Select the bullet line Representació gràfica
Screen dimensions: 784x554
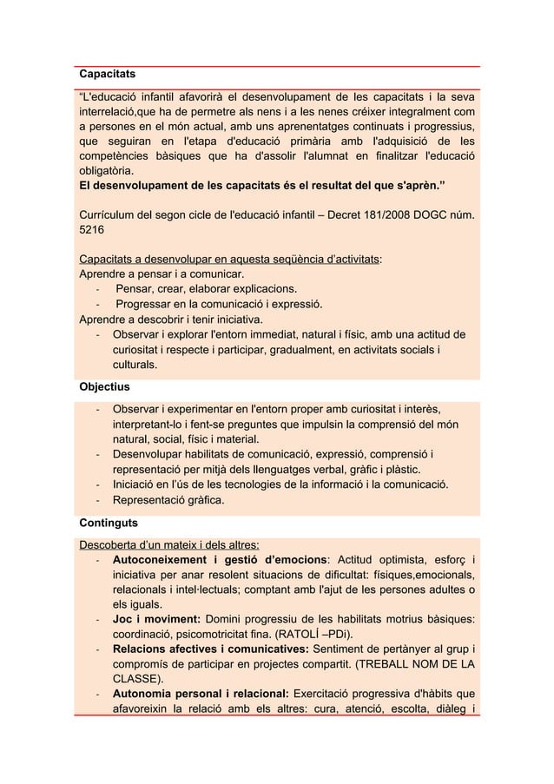(168, 500)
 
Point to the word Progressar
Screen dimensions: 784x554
(149, 305)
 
